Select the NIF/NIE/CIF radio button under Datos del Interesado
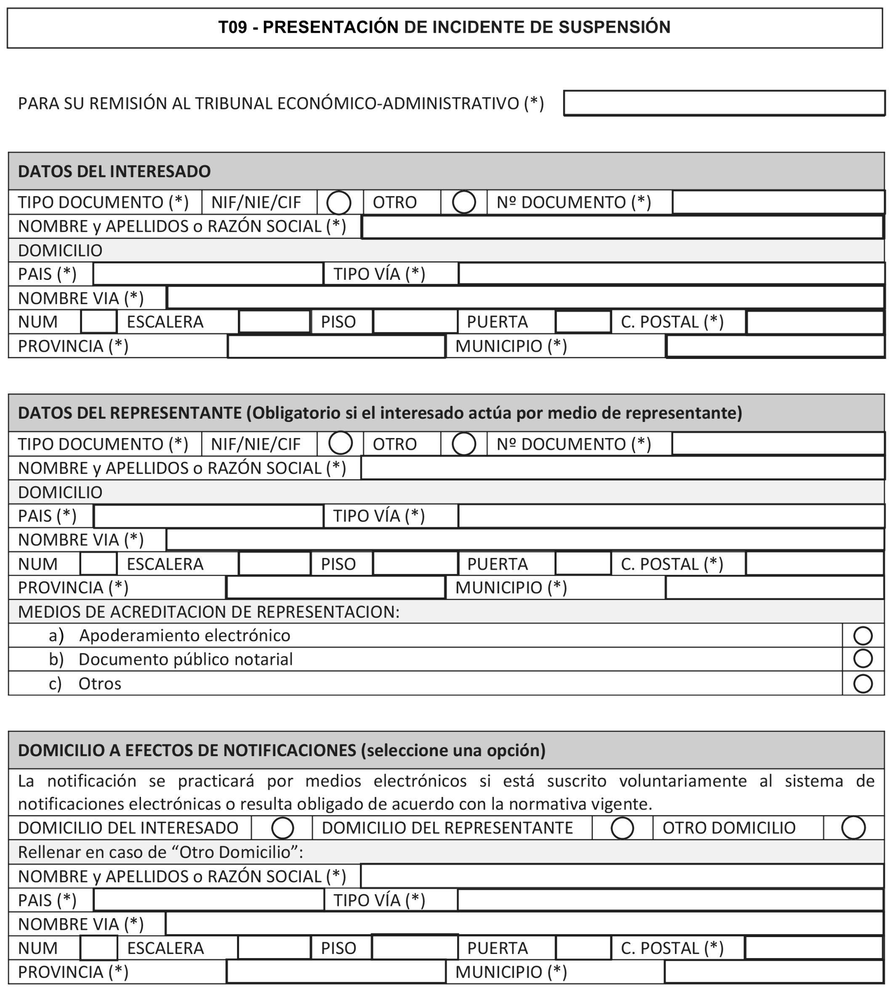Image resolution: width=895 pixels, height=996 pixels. click(339, 202)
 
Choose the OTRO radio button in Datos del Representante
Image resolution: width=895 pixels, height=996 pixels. click(464, 444)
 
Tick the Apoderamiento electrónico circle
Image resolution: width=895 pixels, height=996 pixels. click(863, 636)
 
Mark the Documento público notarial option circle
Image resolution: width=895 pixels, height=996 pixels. click(863, 659)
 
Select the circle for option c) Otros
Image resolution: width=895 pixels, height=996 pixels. click(863, 683)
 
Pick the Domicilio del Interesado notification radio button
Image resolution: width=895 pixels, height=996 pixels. click(282, 828)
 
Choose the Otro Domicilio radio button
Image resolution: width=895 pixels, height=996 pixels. click(853, 828)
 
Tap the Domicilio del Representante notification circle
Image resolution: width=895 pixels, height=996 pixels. click(622, 828)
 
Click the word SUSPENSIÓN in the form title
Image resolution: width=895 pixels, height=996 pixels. click(615, 27)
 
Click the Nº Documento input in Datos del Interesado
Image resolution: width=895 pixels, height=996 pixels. click(778, 202)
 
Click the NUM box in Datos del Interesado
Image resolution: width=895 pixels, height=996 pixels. click(99, 322)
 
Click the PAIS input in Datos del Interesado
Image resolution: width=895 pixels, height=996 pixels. click(208, 274)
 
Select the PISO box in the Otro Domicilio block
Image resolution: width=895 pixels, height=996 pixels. click(415, 948)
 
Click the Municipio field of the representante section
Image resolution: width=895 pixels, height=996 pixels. click(775, 588)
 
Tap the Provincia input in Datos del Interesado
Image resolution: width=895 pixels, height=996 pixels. click(336, 347)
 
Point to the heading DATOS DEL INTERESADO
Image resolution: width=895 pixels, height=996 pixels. click(114, 171)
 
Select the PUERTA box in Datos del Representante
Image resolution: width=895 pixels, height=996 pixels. click(583, 564)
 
